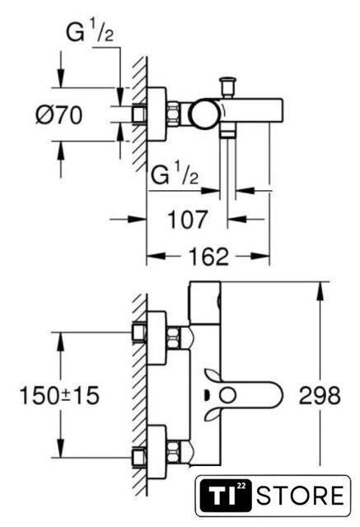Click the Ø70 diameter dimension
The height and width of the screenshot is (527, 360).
click(x=58, y=115)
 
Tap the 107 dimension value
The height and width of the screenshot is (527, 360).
click(x=188, y=220)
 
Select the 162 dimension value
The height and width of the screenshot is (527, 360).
click(x=208, y=256)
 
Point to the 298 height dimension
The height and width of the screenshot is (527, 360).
click(x=320, y=395)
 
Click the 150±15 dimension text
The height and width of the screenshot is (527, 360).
click(x=59, y=395)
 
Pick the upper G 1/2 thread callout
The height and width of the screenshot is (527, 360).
click(x=90, y=33)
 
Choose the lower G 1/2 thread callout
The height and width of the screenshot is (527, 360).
click(x=175, y=175)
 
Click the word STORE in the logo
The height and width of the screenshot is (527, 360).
click(x=301, y=496)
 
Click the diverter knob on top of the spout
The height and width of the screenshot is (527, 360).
click(x=227, y=87)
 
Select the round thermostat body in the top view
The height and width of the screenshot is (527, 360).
click(x=204, y=114)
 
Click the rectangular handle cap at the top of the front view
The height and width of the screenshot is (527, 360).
click(x=205, y=302)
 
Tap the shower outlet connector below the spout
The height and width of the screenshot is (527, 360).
click(x=227, y=130)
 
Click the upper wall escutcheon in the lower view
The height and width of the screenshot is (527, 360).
click(x=157, y=338)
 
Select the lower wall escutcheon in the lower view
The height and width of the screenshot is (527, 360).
click(x=157, y=451)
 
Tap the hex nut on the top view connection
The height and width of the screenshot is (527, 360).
click(x=173, y=114)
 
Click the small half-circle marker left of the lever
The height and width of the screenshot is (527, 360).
click(x=207, y=394)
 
